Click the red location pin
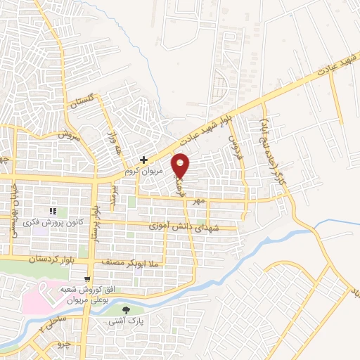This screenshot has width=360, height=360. coord(181,165)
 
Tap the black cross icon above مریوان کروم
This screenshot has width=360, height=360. coord(143,160)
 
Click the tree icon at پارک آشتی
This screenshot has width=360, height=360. coord(127,310)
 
